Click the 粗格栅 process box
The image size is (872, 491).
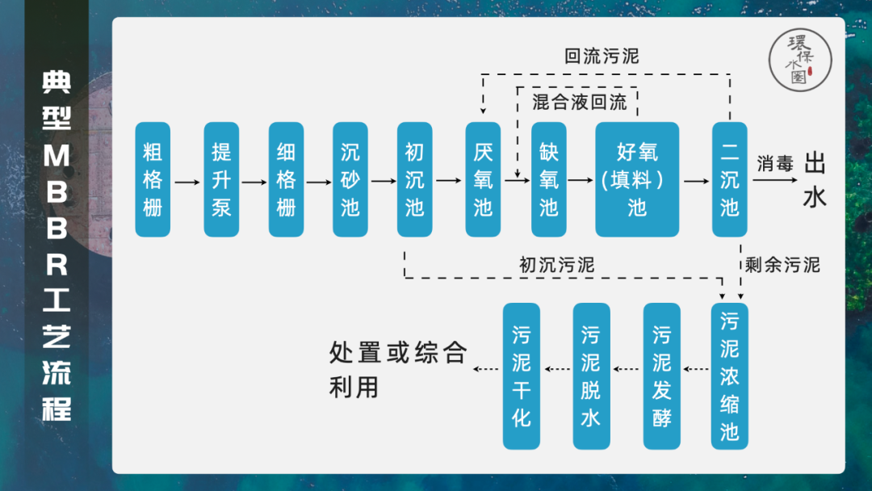pos(153,179)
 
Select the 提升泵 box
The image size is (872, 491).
pos(221,179)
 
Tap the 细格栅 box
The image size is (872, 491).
pos(286,179)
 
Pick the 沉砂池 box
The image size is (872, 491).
pos(350,179)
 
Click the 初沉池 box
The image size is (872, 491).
pos(414,179)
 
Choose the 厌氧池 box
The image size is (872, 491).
pos(483,179)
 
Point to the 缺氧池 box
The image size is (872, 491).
pos(548,179)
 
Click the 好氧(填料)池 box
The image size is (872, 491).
pos(637,179)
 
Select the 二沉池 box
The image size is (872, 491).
pos(729,179)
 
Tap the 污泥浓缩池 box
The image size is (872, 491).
pos(729,376)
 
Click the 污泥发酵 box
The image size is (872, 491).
pos(661,376)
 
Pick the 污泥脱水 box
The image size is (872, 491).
pos(591,376)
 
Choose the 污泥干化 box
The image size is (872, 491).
pos(521,376)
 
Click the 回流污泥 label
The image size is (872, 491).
pos(602,57)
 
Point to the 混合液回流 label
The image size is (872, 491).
pos(580,103)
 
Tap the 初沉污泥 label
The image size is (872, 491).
pos(556,265)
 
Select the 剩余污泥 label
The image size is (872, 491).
pos(782,265)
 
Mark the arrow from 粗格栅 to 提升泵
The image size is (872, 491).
pos(187,182)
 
